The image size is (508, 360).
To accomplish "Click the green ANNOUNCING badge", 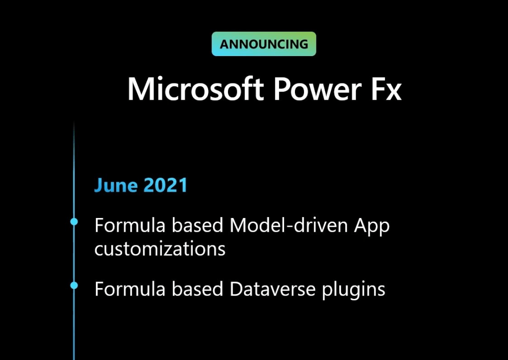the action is [x=264, y=44].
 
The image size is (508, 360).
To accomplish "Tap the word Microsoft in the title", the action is [x=195, y=89].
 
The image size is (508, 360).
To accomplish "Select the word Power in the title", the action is [x=317, y=89].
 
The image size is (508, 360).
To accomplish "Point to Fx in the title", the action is [x=386, y=89].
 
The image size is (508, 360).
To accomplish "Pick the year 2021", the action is [x=165, y=185].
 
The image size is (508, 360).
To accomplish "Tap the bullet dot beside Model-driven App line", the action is [x=74, y=221].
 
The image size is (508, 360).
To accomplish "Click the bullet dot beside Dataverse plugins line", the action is [x=74, y=286].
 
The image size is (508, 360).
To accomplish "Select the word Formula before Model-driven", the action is [x=130, y=225].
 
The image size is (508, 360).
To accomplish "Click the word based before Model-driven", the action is [x=197, y=225].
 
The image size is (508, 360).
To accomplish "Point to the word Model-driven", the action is [x=289, y=225].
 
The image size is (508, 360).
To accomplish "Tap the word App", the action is [x=371, y=226].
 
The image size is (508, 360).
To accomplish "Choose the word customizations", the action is [x=160, y=249].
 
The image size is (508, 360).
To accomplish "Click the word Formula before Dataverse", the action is [x=130, y=289].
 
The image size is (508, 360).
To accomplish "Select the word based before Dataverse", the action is [x=197, y=288].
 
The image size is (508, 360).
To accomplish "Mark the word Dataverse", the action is [x=273, y=289].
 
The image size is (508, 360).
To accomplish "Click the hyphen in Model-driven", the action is [x=290, y=226].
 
